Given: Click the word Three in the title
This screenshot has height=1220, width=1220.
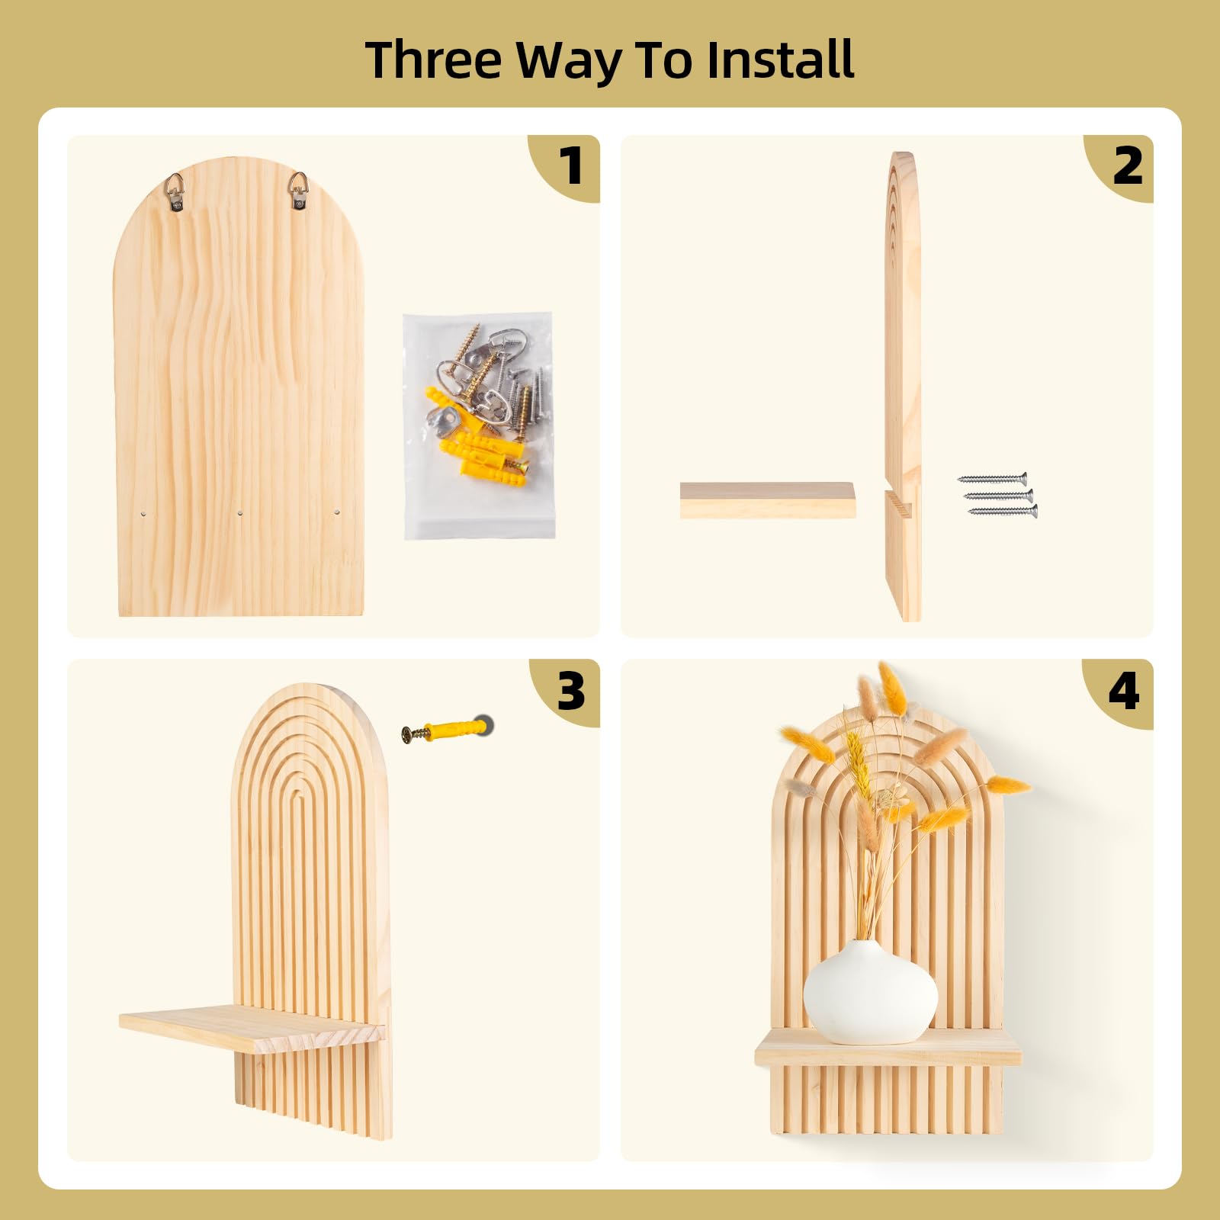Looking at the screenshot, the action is pyautogui.click(x=434, y=59).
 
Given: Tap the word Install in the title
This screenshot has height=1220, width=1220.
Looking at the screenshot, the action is pyautogui.click(x=780, y=59).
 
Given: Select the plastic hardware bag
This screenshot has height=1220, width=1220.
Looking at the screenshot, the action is pyautogui.click(x=479, y=425).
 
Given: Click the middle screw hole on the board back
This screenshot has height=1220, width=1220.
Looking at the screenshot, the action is pyautogui.click(x=240, y=514).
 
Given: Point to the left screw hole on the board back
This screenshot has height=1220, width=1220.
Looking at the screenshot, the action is pyautogui.click(x=144, y=514).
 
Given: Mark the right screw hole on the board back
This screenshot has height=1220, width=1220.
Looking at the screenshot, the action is pyautogui.click(x=337, y=512).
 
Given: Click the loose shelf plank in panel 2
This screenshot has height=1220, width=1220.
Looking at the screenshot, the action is pyautogui.click(x=767, y=500).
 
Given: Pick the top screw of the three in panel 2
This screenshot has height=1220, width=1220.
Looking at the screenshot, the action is pyautogui.click(x=992, y=479).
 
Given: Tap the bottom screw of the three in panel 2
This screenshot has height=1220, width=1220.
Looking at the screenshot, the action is pyautogui.click(x=1003, y=511).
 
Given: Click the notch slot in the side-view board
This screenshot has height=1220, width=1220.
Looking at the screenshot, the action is pyautogui.click(x=898, y=503).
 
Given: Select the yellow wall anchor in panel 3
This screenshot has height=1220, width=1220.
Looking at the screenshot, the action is pyautogui.click(x=448, y=730).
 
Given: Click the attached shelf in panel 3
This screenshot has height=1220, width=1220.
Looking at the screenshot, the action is pyautogui.click(x=252, y=1029).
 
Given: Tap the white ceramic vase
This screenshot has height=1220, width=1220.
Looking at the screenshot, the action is pyautogui.click(x=870, y=992).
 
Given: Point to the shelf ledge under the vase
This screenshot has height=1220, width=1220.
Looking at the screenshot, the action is pyautogui.click(x=888, y=1048).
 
